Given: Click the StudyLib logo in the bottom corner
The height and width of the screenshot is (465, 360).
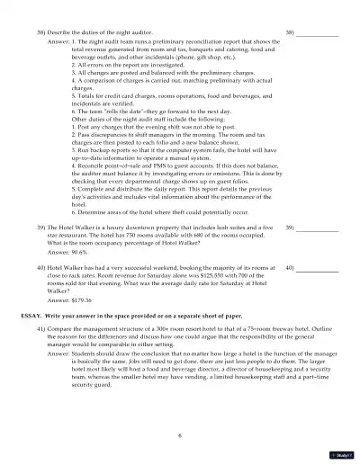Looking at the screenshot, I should [x=343, y=455].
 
